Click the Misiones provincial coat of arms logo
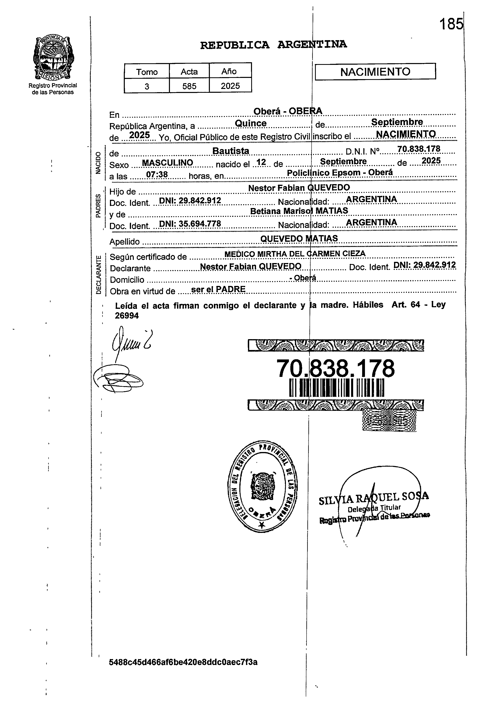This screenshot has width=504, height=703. coord(53,58)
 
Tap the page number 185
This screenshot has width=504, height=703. coord(451,24)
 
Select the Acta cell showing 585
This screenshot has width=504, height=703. coord(189,86)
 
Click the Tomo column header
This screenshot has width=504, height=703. coord(147,72)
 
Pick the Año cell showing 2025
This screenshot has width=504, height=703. coord(230,86)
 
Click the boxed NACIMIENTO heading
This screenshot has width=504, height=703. coord(375,72)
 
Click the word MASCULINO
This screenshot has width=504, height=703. coord(167,163)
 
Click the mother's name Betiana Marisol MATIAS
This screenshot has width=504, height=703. coord(299,211)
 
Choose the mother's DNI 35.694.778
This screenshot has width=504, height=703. coord(190,223)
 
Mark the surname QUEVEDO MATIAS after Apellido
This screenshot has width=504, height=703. coord(299,238)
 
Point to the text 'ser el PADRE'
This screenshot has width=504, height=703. coord(218,289)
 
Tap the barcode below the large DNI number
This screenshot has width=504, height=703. coord(336,388)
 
